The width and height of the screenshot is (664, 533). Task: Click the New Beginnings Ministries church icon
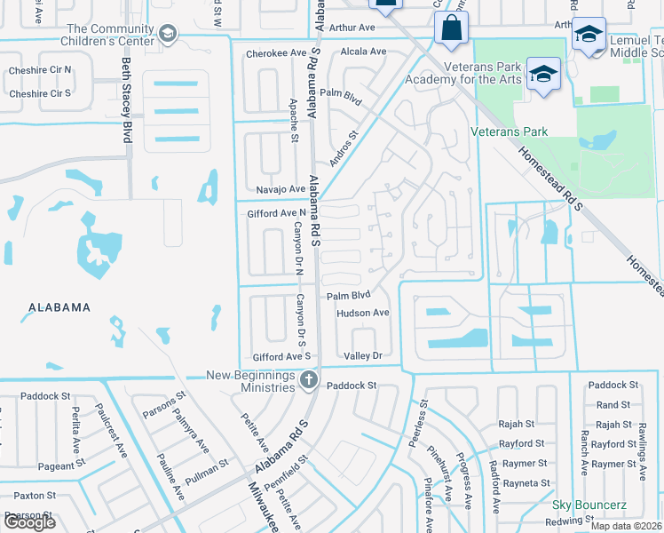(308, 381)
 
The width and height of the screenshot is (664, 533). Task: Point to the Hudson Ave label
(362, 313)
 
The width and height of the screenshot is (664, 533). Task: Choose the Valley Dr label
(362, 355)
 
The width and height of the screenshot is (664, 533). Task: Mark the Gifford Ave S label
(281, 355)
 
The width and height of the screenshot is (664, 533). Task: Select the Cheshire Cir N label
(39, 70)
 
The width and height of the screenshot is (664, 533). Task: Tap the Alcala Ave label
(364, 52)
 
